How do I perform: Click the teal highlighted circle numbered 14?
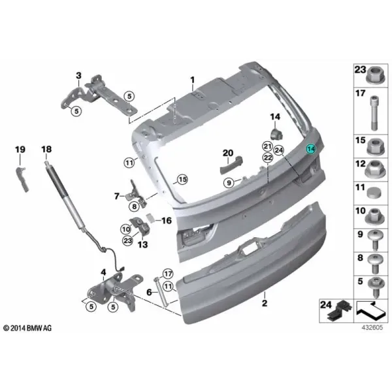(311, 149)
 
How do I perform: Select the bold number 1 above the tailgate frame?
(192, 80)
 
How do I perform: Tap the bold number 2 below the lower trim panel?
(265, 303)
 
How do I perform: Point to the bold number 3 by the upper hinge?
(78, 75)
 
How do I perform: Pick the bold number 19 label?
(20, 150)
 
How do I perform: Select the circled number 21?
(268, 146)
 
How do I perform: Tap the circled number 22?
(268, 157)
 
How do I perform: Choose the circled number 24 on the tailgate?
(279, 150)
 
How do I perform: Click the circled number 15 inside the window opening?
(182, 180)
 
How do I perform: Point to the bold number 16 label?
(167, 221)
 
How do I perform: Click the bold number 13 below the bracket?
(142, 244)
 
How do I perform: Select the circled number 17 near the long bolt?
(168, 274)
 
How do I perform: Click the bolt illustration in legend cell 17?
(374, 113)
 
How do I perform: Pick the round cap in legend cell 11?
(374, 193)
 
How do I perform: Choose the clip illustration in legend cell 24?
(340, 311)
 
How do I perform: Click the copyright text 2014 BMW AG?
(27, 328)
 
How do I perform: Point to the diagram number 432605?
(372, 327)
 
